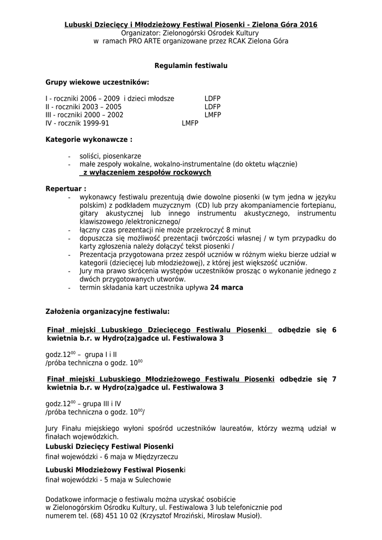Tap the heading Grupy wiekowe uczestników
98,82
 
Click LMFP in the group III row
213,114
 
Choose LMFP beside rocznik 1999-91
189,123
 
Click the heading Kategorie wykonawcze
89,140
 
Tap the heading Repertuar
66,188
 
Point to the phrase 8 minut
238,230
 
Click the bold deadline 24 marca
227,287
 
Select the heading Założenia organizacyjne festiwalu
108,312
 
